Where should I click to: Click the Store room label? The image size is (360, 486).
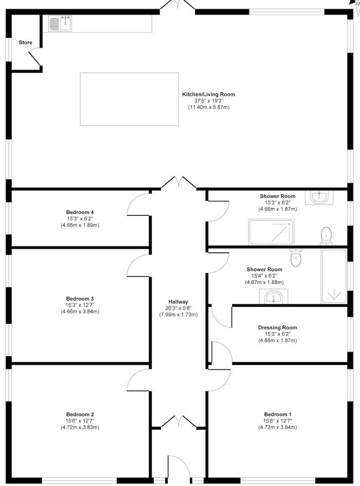coord(25,43)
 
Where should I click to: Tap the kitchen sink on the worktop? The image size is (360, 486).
coord(60,23)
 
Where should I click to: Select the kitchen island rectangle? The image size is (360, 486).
coord(129,99)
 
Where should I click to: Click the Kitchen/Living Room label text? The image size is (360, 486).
coord(208,94)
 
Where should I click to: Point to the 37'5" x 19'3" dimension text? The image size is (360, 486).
coord(208,101)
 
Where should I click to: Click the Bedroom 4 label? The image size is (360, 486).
coord(80,212)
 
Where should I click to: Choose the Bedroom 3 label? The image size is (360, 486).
coord(80,299)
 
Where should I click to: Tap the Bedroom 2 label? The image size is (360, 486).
coord(80,415)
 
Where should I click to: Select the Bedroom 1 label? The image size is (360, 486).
coord(277,415)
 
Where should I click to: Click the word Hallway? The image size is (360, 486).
coord(178,302)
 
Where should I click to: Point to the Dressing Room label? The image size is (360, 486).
coord(277,328)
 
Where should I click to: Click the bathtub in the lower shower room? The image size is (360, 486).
coord(334,276)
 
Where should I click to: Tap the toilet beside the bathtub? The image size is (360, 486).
coord(296,258)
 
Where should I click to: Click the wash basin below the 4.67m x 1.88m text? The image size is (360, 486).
coord(275,296)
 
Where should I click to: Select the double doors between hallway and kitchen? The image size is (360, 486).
coord(179,183)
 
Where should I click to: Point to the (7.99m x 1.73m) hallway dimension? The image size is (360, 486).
coord(178,314)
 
